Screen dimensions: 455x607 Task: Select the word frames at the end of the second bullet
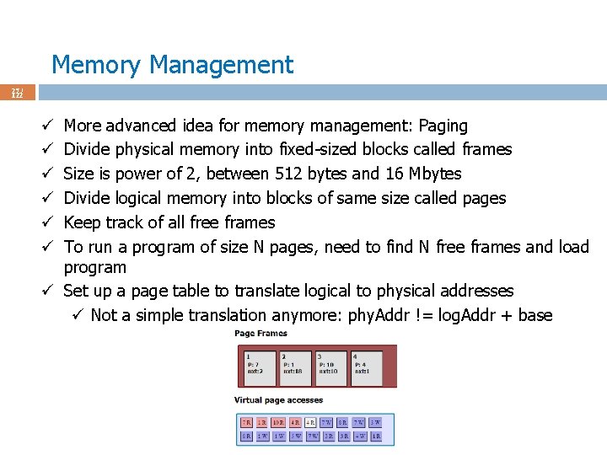(x=487, y=149)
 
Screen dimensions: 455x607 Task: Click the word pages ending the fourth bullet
(x=484, y=198)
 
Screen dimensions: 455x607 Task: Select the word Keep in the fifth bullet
(x=83, y=222)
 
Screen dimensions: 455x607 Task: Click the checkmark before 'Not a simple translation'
(x=77, y=315)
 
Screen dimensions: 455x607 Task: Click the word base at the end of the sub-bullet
(x=535, y=315)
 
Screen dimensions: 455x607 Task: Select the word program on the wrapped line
(x=95, y=268)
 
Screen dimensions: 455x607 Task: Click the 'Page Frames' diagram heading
(x=261, y=334)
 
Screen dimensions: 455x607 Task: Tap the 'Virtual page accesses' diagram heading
(x=278, y=400)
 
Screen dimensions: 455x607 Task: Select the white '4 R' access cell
(x=310, y=422)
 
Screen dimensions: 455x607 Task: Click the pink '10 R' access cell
(x=277, y=422)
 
